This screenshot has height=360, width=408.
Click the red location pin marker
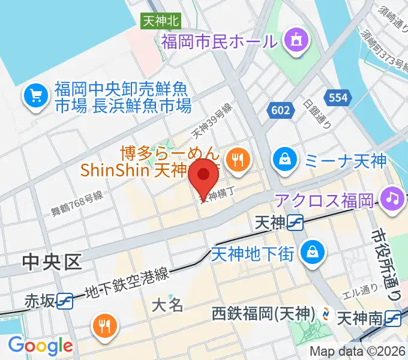204,175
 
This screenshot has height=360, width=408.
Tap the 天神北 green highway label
160,20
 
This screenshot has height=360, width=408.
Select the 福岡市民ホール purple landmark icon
295,40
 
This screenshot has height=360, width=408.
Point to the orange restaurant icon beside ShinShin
238,159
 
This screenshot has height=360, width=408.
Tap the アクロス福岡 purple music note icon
393,199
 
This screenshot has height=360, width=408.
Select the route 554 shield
334,96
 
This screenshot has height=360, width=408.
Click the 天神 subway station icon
295,223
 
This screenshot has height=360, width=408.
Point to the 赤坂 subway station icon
65,300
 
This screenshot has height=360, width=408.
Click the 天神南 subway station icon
394,316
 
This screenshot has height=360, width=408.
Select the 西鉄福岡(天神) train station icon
325,313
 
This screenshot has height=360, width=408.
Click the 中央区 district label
52,262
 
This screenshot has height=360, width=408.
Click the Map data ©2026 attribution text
358,352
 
